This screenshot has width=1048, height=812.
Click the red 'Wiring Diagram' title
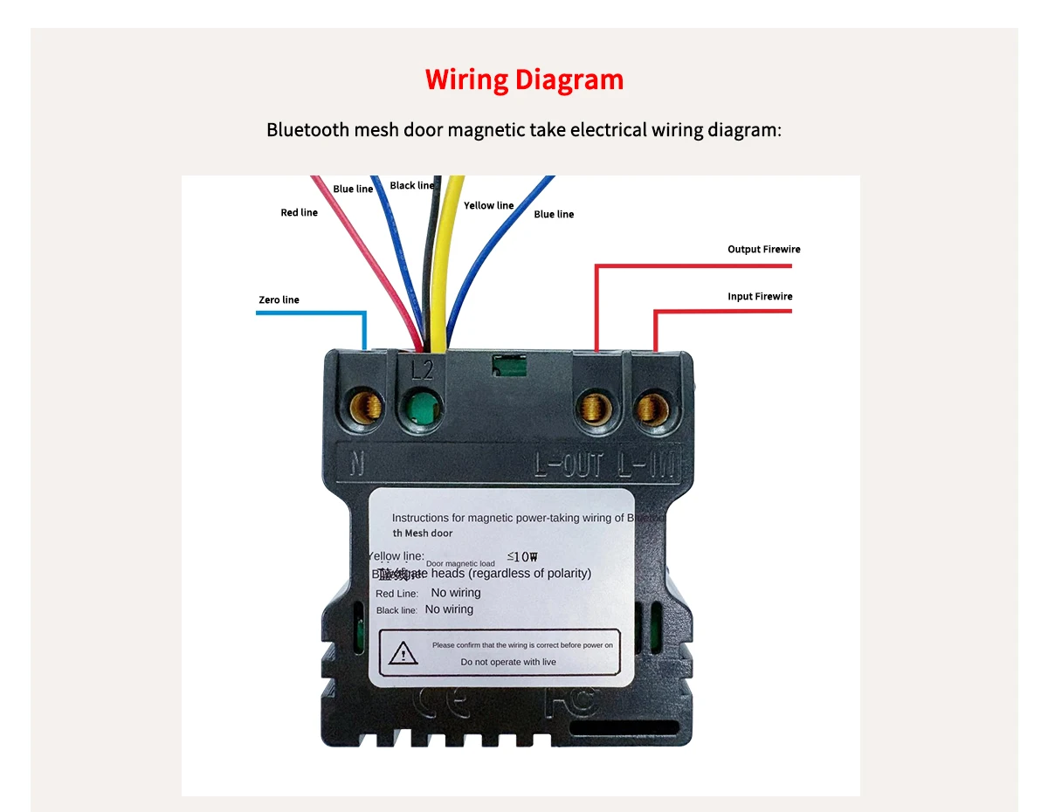(524, 80)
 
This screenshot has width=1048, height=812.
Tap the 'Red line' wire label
(299, 213)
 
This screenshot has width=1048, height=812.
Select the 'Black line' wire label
(411, 186)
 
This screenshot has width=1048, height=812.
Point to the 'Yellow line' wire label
(488, 206)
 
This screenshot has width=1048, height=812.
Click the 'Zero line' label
(279, 300)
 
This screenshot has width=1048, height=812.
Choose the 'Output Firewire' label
(763, 250)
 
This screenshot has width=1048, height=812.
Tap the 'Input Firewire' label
(760, 297)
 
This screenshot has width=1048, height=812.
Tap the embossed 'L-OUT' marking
(569, 465)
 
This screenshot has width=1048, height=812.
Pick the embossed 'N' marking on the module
(357, 463)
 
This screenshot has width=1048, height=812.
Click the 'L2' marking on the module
(422, 371)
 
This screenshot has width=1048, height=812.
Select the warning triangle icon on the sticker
(403, 652)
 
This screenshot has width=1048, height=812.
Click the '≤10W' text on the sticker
(521, 557)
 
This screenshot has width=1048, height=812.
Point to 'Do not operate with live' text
(508, 662)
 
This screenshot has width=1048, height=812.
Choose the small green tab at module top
(510, 365)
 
